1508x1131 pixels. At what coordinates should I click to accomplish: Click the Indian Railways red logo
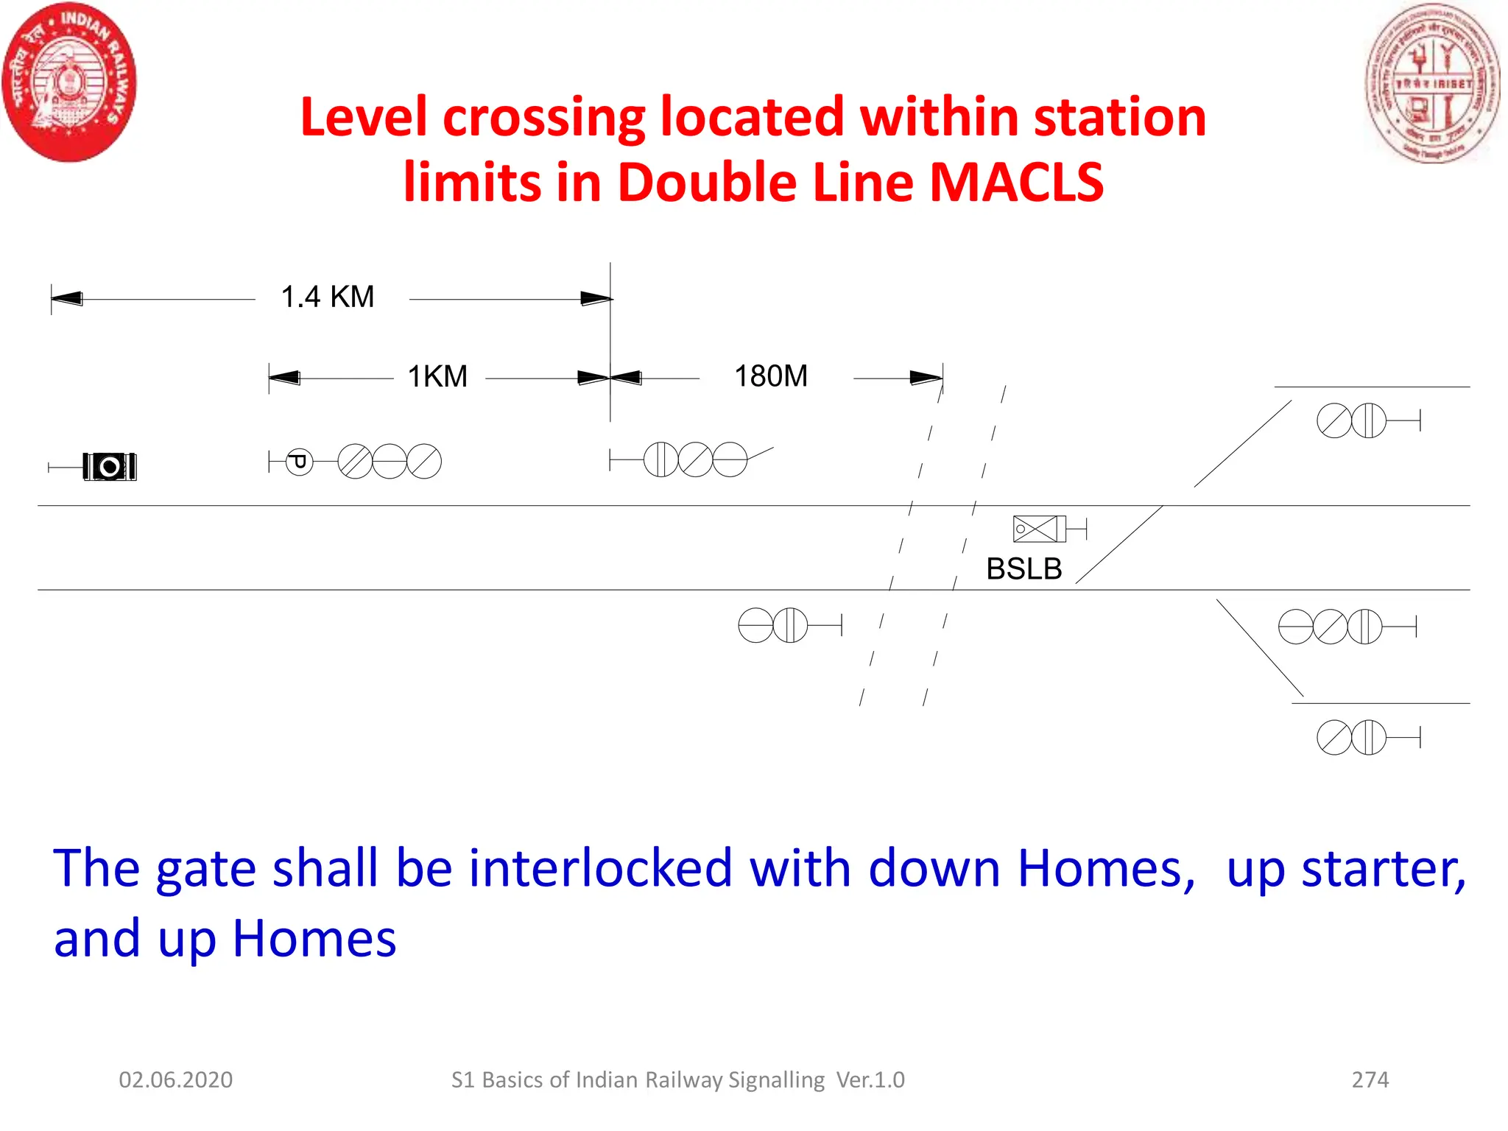pyautogui.click(x=69, y=82)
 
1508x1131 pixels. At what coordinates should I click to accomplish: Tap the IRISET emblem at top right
pyautogui.click(x=1431, y=82)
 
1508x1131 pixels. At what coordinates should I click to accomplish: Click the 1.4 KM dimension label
pyautogui.click(x=328, y=297)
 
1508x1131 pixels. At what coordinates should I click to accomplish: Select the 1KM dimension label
pyautogui.click(x=437, y=377)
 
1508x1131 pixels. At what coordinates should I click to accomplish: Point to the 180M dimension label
pyautogui.click(x=771, y=376)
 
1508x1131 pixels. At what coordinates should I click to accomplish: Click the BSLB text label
pyautogui.click(x=1023, y=569)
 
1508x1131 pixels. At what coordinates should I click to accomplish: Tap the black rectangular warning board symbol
pyautogui.click(x=110, y=467)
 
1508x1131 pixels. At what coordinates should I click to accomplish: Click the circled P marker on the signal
pyautogui.click(x=299, y=462)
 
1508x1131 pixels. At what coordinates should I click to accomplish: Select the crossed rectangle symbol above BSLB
pyautogui.click(x=1035, y=529)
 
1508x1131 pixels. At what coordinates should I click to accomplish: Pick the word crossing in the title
pyautogui.click(x=543, y=118)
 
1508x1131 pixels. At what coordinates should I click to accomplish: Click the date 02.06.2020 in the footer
pyautogui.click(x=175, y=1080)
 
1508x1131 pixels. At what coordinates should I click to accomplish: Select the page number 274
pyautogui.click(x=1370, y=1080)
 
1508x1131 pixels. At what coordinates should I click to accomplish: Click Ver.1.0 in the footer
pyautogui.click(x=870, y=1080)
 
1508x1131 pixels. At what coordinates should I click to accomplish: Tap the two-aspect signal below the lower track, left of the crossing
pyautogui.click(x=773, y=625)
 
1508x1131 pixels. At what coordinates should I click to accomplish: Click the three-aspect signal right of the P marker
pyautogui.click(x=390, y=462)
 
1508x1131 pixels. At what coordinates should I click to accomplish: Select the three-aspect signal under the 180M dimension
pyautogui.click(x=695, y=459)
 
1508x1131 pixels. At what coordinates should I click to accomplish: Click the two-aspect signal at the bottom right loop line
pyautogui.click(x=1351, y=737)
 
